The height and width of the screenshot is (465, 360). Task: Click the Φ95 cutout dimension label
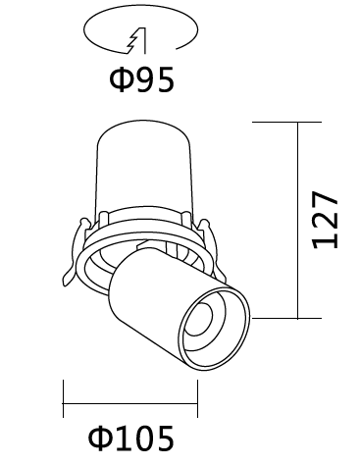141,79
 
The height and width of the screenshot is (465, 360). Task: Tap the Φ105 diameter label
130,439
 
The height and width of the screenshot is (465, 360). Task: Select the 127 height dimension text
325,220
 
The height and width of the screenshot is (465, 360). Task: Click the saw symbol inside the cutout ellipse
136,40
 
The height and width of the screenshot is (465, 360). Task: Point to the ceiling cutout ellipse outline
140,6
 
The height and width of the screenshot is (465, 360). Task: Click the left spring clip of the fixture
75,252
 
